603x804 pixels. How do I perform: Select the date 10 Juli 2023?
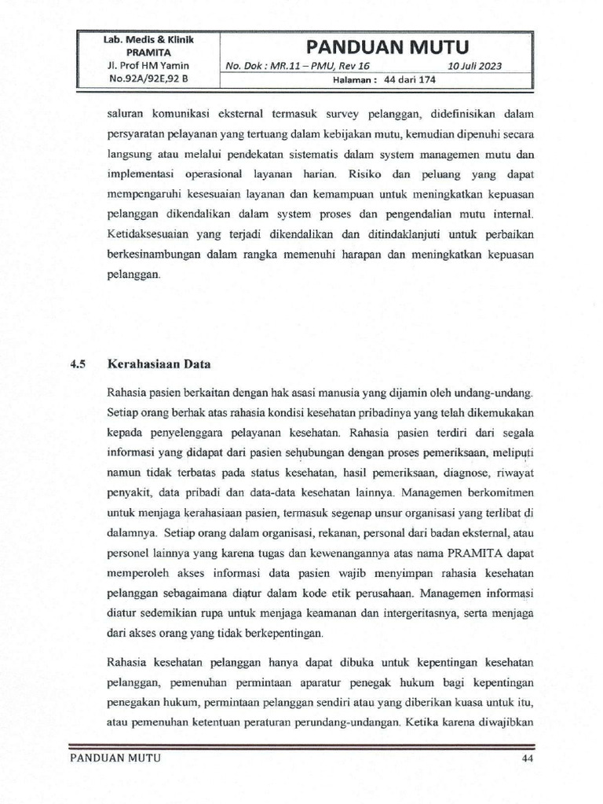475,67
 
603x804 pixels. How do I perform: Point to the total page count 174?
427,79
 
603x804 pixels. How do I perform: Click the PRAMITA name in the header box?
148,52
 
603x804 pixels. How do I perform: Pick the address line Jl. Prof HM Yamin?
148,65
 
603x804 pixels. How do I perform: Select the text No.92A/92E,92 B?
148,79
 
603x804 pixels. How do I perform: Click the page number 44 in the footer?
527,758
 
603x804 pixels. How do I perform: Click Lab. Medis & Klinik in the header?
148,39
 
